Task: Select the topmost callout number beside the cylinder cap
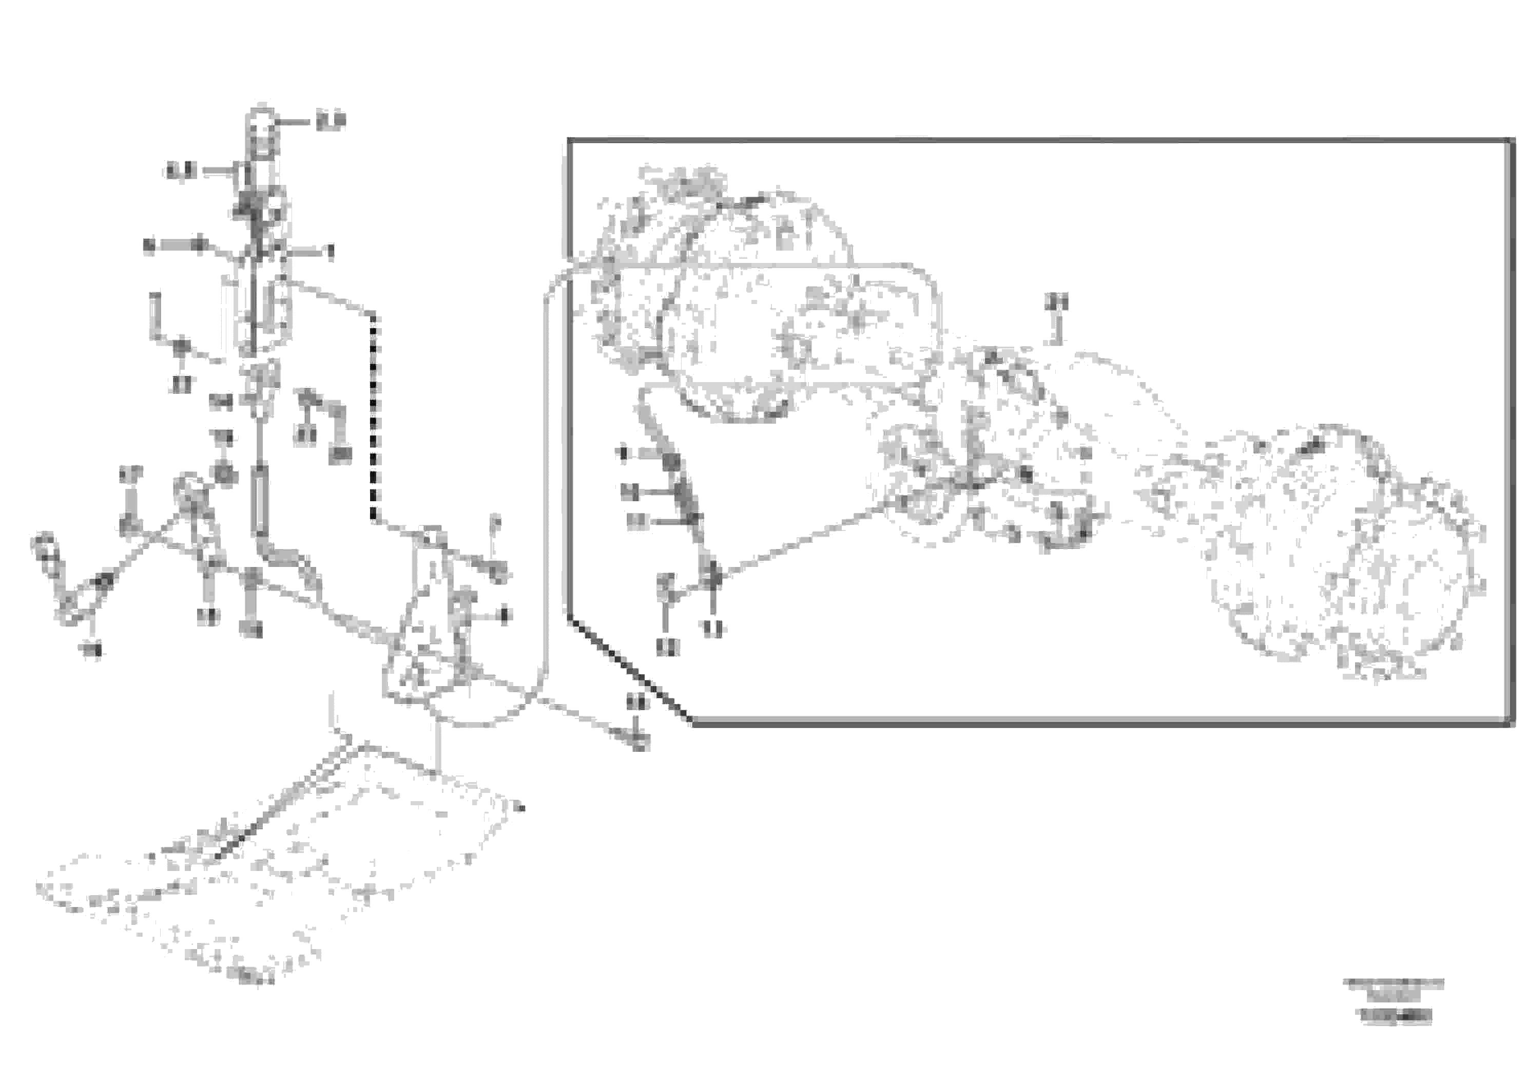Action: tap(331, 121)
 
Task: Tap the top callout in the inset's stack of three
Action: tap(626, 454)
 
